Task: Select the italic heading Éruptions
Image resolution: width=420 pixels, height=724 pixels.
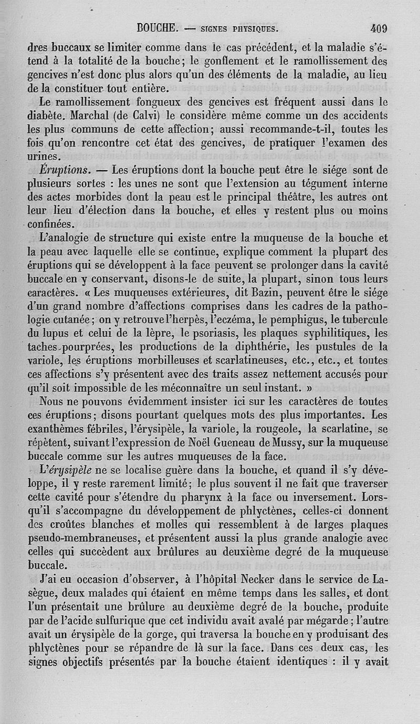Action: click(66, 169)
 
